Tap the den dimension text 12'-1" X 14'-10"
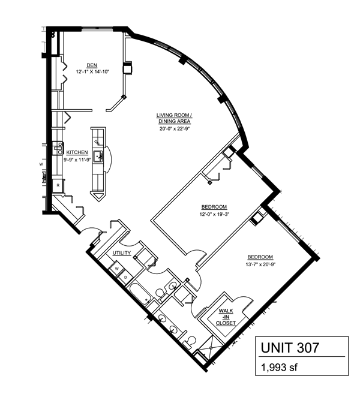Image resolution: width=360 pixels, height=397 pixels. pyautogui.click(x=92, y=72)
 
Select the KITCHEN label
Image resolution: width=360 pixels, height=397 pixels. pyautogui.click(x=77, y=153)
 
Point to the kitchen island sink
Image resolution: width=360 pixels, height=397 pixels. pyautogui.click(x=98, y=156)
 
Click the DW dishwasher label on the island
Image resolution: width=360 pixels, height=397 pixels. pyautogui.click(x=97, y=143)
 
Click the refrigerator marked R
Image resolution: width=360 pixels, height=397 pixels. pyautogui.click(x=58, y=185)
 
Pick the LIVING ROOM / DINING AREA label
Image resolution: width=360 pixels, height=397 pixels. pyautogui.click(x=174, y=119)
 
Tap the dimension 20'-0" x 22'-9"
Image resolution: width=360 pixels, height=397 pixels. pyautogui.click(x=175, y=129)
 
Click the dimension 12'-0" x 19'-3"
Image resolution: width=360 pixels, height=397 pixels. pyautogui.click(x=214, y=214)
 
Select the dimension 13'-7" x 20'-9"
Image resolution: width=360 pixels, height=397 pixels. pyautogui.click(x=260, y=264)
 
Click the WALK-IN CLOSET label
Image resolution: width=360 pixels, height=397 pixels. pyautogui.click(x=226, y=317)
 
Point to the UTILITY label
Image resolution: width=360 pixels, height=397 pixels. pyautogui.click(x=122, y=253)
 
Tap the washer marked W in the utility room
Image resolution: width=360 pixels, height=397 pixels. pyautogui.click(x=117, y=269)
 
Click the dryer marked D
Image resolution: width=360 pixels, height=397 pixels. pyautogui.click(x=125, y=277)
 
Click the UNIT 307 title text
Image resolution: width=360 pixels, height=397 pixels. pyautogui.click(x=290, y=347)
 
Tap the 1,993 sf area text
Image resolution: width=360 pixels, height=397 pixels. pyautogui.click(x=279, y=367)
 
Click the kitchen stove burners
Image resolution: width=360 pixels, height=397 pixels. pyautogui.click(x=58, y=148)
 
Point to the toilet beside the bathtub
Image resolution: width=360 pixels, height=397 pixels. pyautogui.click(x=160, y=294)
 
